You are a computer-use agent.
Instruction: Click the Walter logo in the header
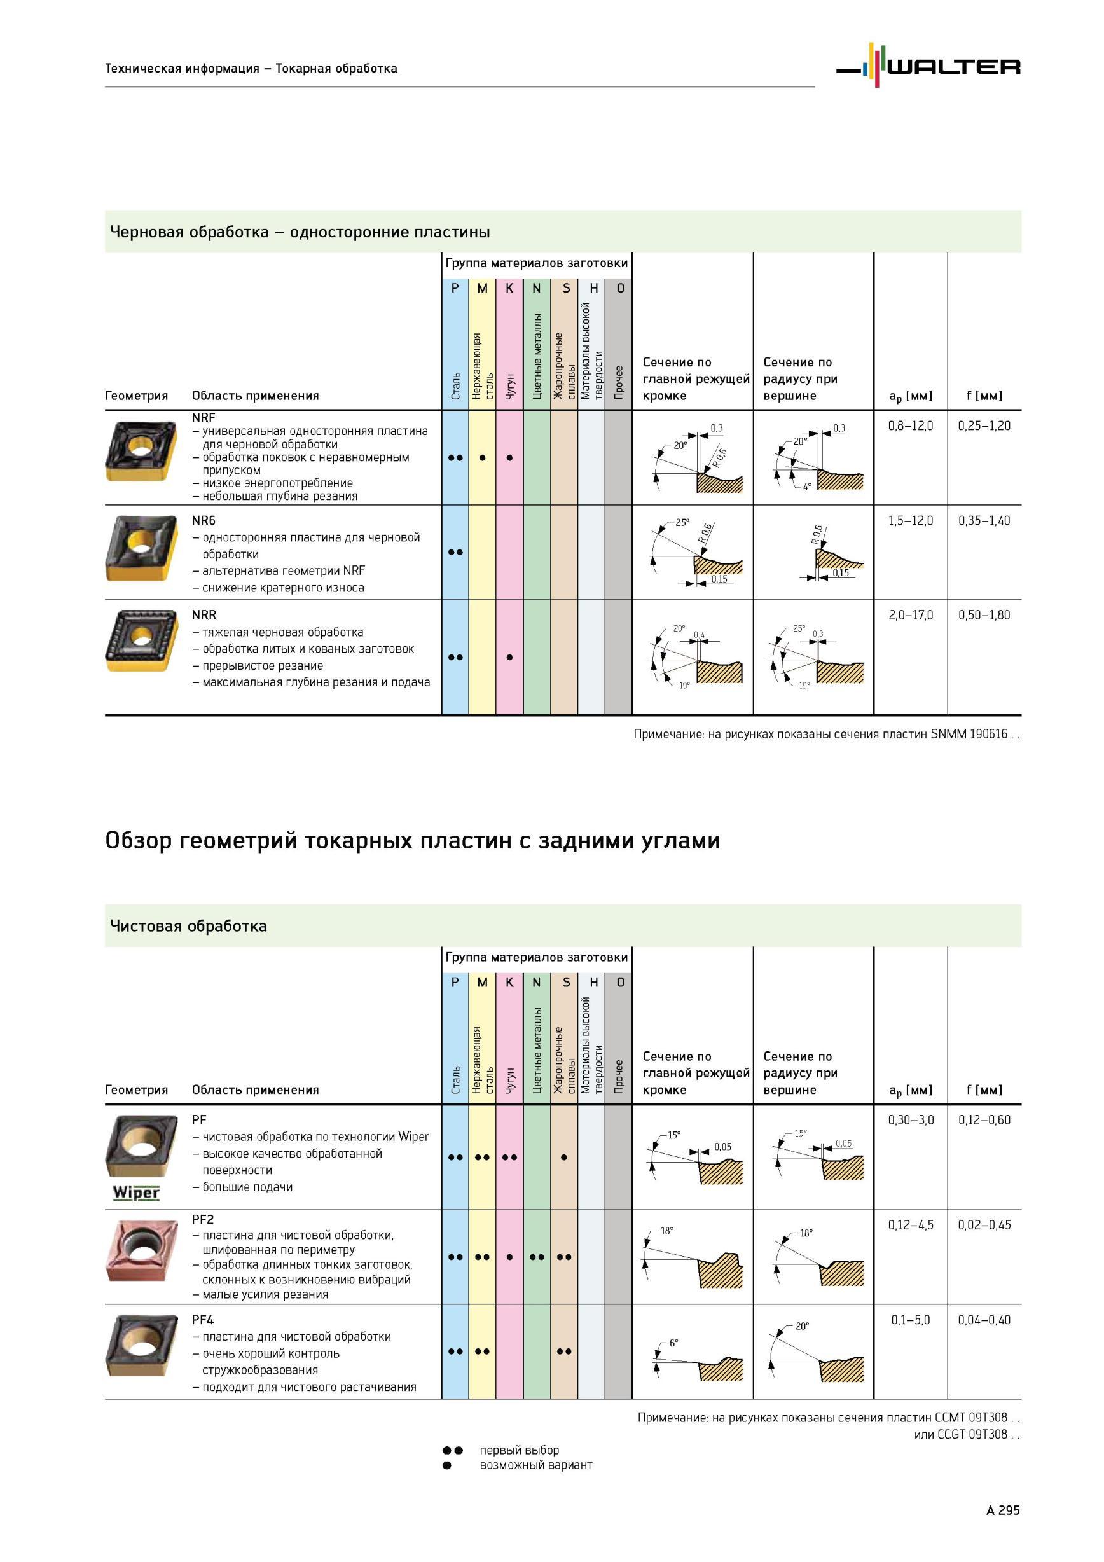point(928,66)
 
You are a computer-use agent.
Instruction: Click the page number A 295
point(1003,1510)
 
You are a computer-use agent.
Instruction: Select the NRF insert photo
point(141,451)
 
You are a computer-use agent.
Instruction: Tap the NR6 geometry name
point(204,520)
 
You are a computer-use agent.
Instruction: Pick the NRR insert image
point(141,640)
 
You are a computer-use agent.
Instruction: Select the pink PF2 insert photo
point(141,1250)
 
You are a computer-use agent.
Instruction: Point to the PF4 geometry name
point(203,1320)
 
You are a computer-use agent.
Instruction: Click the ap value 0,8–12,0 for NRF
point(910,426)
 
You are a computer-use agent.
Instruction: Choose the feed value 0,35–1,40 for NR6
point(984,520)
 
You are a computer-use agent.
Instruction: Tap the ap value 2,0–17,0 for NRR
point(910,615)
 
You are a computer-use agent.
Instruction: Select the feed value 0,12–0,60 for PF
point(984,1120)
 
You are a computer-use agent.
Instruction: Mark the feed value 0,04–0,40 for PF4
point(984,1320)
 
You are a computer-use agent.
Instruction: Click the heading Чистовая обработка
point(188,926)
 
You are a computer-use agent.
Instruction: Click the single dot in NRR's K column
point(509,657)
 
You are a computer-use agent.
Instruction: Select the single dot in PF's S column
point(564,1158)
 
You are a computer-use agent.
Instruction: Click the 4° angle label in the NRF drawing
point(807,487)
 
